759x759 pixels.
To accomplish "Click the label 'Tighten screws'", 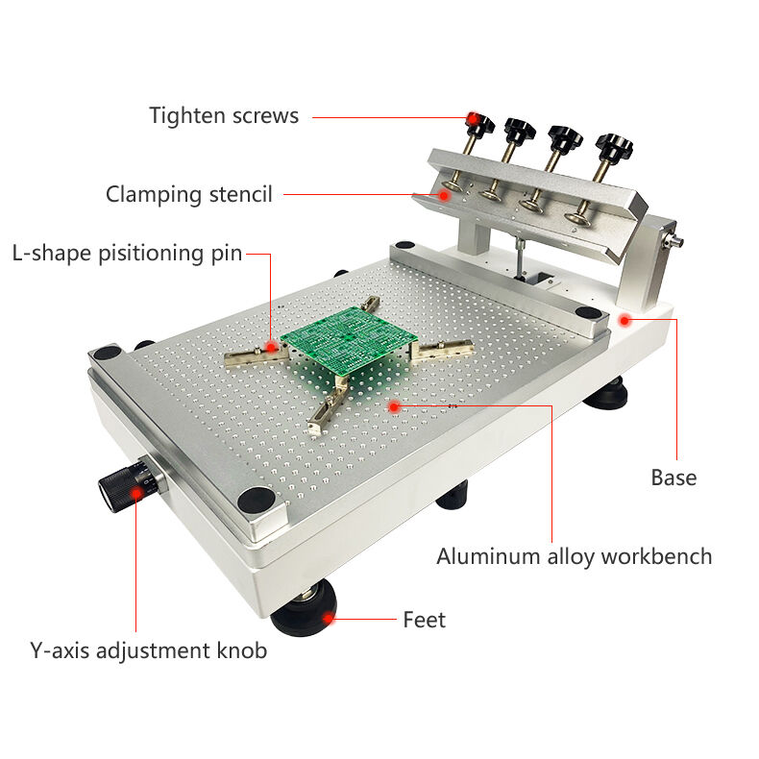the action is click(224, 115).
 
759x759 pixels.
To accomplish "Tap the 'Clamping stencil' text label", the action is click(188, 195).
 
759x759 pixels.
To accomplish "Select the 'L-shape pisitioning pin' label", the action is click(127, 254).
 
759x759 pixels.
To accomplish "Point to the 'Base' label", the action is click(673, 477).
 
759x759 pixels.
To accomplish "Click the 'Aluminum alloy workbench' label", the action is click(575, 556).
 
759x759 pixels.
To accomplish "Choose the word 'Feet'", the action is click(424, 620).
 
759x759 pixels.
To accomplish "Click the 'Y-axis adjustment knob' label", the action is click(148, 650).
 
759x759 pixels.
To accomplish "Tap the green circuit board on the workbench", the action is click(349, 340).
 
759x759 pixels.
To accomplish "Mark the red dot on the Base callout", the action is click(624, 321).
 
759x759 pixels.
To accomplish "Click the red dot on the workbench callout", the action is click(395, 406).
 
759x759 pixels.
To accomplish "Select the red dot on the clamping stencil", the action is click(444, 196).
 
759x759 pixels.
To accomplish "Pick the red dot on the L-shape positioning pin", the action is click(271, 347).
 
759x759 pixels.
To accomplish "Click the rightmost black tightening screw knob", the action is click(614, 145).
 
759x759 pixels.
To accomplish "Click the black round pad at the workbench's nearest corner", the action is click(257, 500).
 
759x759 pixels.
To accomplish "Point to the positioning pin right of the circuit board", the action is click(441, 350).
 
